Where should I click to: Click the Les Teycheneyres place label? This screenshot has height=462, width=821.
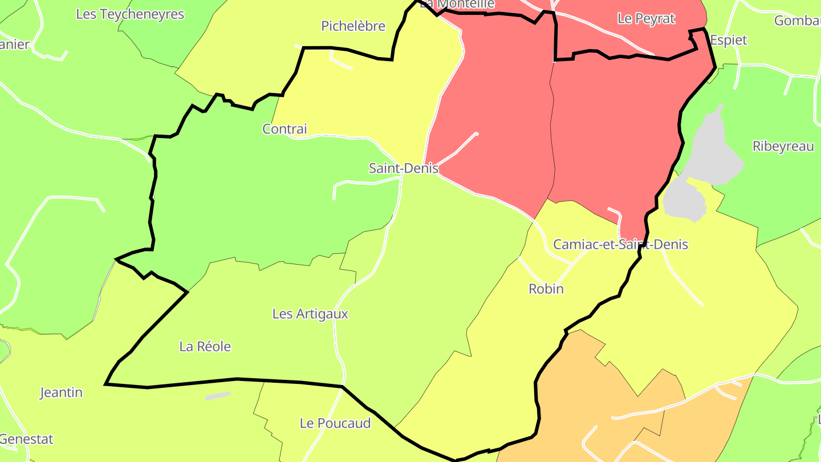130,14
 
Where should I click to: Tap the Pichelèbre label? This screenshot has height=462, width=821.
353,26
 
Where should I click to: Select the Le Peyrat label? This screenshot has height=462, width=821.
646,19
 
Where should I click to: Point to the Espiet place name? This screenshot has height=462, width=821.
728,40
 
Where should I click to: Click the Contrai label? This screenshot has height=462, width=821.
284,129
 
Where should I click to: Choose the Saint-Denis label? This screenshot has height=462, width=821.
404,168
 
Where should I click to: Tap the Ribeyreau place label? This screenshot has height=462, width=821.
783,147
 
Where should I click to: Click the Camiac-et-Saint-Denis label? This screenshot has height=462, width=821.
620,245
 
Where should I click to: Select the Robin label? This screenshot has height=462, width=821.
546,289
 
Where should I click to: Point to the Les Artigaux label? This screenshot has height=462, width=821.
310,314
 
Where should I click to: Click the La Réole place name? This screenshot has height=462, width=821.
205,347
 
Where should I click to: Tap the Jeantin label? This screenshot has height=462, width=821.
61,392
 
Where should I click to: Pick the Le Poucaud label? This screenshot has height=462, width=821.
335,423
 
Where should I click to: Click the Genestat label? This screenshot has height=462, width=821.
26,439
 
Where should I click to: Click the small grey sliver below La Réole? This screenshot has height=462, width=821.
218,396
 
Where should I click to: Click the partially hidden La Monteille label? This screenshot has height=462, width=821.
457,5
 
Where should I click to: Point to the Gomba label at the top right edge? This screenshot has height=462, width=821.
797,21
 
